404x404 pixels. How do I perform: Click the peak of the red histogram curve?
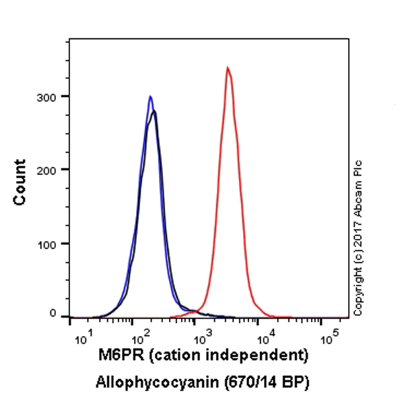pos(228,67)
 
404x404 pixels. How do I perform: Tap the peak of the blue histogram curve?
pos(151,96)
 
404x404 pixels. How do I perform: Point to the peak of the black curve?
pos(155,111)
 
